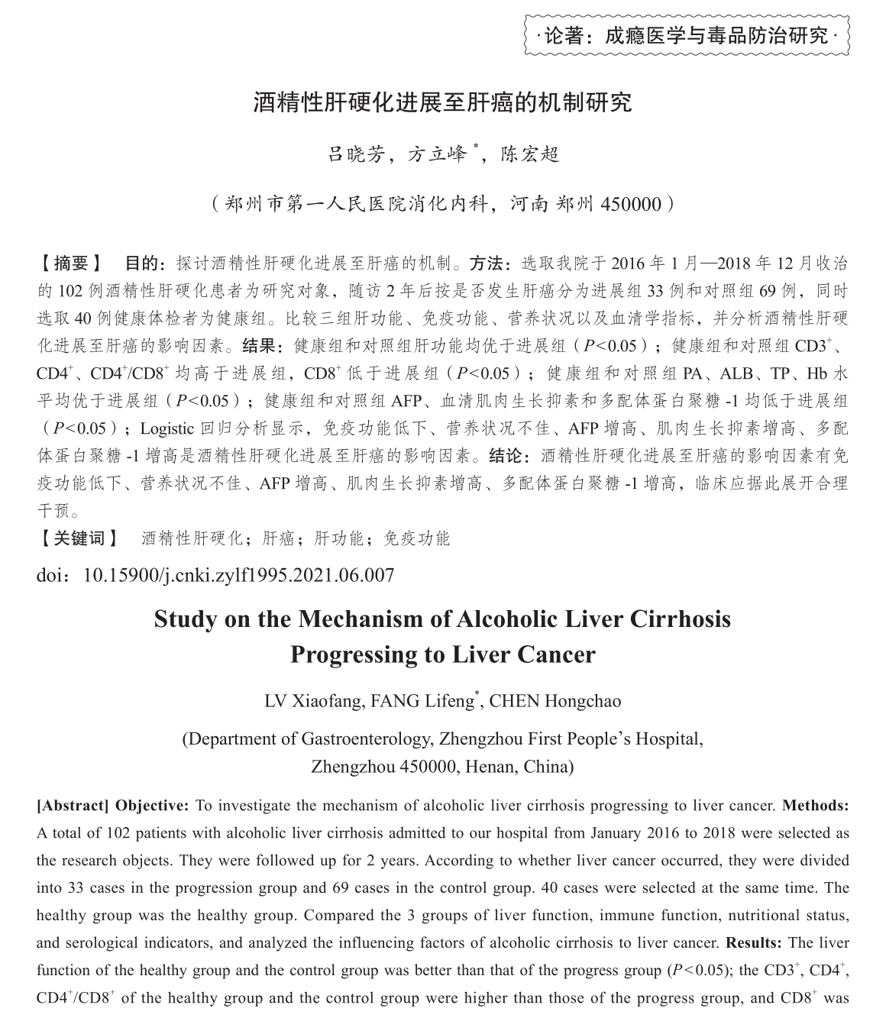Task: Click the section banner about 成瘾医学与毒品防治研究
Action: (x=687, y=34)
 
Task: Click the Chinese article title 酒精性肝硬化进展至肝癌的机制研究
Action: (x=442, y=102)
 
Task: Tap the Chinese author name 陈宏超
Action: (x=529, y=154)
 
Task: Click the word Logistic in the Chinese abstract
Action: (x=167, y=428)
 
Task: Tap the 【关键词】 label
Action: (x=78, y=538)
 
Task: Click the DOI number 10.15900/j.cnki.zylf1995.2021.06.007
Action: (x=238, y=575)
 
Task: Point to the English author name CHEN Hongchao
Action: (x=555, y=701)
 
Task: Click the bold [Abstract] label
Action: (x=73, y=806)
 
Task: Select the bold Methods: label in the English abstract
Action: (x=815, y=806)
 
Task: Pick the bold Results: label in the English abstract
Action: (x=754, y=943)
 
